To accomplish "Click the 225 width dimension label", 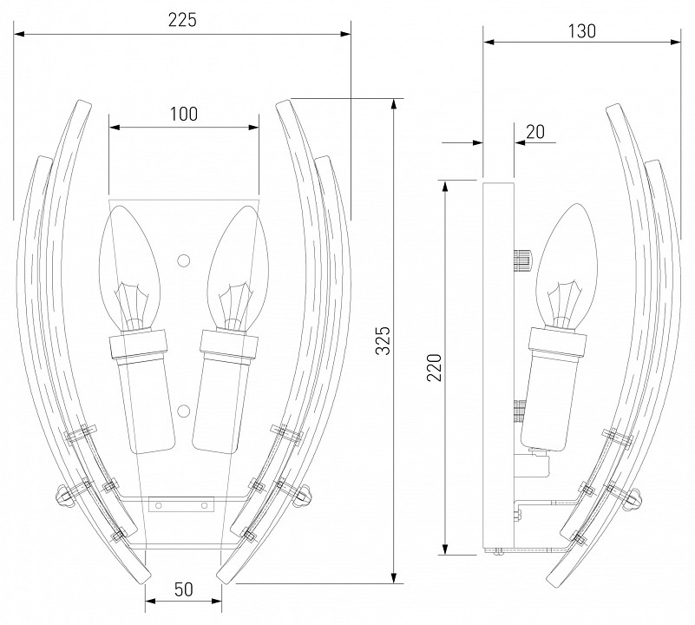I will point(184,21).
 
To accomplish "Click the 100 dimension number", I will point(183,114).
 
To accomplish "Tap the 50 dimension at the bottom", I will point(183,589).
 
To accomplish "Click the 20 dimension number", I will point(535,131).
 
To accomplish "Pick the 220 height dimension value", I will point(435,368).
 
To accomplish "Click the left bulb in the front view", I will point(129,260).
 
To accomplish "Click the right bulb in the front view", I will point(236,260).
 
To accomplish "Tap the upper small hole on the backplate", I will point(183,259).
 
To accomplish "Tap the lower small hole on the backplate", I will point(183,409).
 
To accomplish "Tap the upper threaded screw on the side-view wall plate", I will point(522,259).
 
